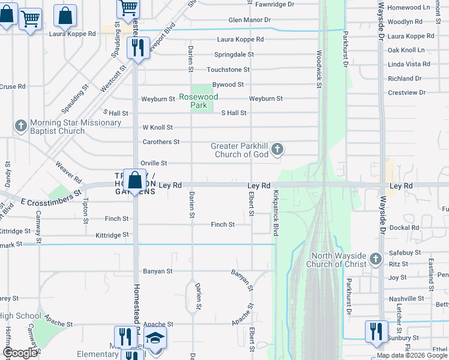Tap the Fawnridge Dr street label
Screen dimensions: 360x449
click(275, 4)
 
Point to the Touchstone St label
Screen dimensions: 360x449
click(228, 70)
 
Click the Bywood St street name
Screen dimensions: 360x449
click(228, 85)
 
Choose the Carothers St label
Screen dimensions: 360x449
click(161, 142)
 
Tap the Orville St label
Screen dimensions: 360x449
click(154, 163)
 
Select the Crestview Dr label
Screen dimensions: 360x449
click(406, 92)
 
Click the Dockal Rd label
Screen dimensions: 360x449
click(403, 227)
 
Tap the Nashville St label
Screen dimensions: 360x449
click(406, 298)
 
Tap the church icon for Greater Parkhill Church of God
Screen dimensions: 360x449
click(277, 148)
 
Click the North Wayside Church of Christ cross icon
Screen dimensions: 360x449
click(375, 259)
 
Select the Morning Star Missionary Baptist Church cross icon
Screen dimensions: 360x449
click(20, 125)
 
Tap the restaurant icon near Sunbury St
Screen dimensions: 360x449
click(376, 331)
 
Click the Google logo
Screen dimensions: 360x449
click(20, 353)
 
